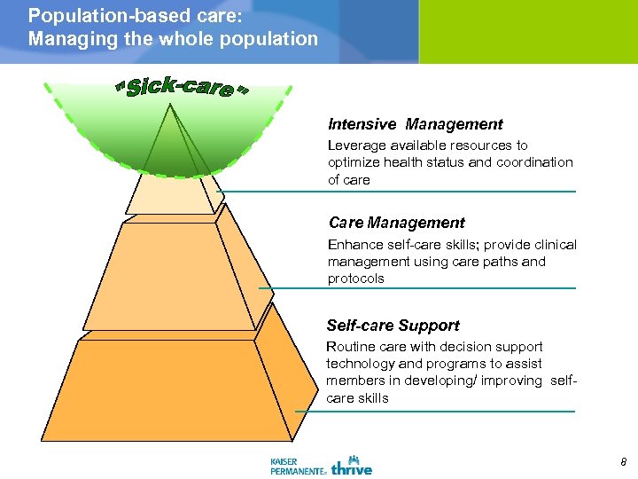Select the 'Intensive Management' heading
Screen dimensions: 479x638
click(x=415, y=125)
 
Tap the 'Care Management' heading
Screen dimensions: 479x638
click(x=396, y=224)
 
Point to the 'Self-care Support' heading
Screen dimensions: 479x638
click(x=393, y=326)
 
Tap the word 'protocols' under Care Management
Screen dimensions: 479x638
click(x=355, y=279)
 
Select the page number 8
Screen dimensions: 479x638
click(x=623, y=462)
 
